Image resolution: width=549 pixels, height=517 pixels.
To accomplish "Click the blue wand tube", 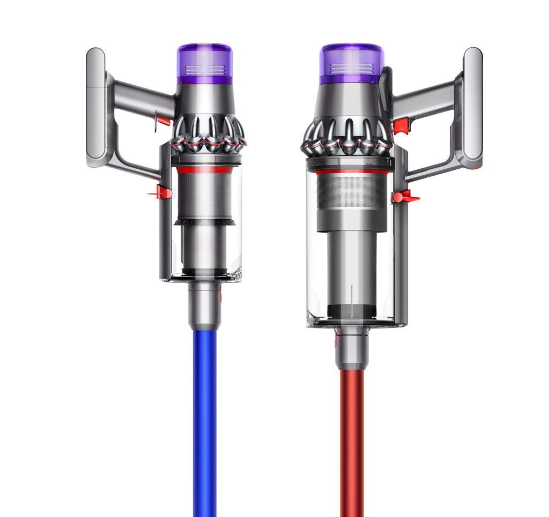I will click(204, 418).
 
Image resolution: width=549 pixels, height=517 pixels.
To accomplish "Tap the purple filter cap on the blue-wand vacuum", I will click(204, 63).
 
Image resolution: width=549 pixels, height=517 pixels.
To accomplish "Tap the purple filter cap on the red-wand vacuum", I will click(352, 63).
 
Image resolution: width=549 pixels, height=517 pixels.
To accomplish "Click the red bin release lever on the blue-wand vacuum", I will click(163, 192).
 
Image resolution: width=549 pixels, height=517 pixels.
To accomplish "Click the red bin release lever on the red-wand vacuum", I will click(404, 197).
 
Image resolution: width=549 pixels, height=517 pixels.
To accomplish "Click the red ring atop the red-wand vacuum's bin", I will click(352, 172).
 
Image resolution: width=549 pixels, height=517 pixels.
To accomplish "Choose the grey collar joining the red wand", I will click(352, 348).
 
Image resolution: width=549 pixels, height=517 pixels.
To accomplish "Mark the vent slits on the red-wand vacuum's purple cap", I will click(352, 68).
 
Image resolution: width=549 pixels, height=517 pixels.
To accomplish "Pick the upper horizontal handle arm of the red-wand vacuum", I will click(426, 95).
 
